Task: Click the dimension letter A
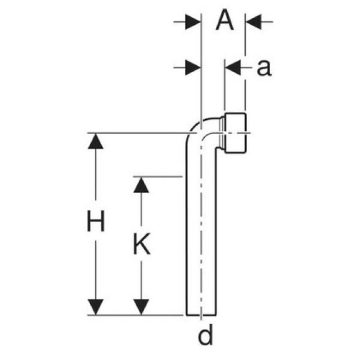224,22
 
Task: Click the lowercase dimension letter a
264,68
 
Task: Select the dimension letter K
142,245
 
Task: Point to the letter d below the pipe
206,336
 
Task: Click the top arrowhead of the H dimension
96,142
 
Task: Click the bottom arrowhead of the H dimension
96,307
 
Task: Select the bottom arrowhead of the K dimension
141,307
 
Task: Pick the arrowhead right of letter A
253,22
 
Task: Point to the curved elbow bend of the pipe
196,130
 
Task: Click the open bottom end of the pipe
201,314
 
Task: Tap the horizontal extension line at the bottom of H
135,315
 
